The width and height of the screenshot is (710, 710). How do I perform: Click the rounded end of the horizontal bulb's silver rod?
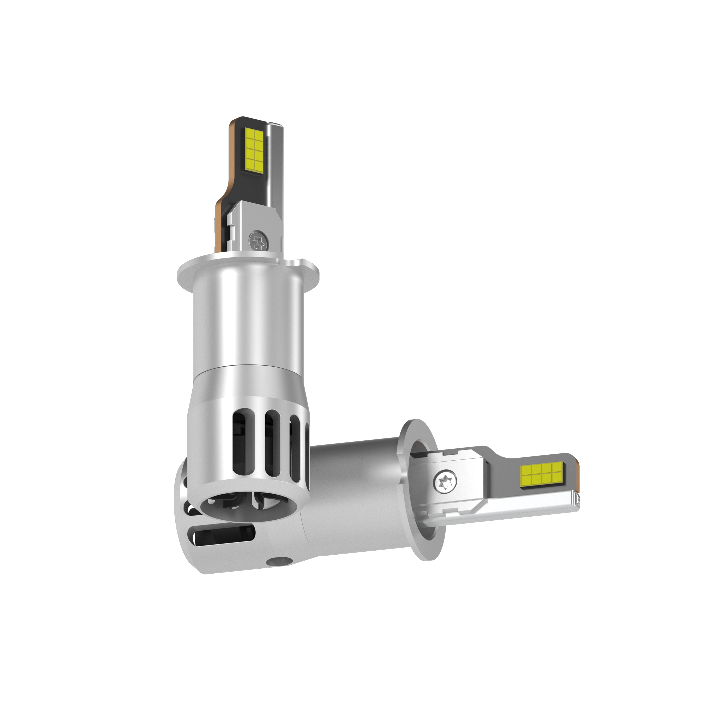[x=576, y=500]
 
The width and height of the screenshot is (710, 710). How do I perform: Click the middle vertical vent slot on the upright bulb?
[x=271, y=441]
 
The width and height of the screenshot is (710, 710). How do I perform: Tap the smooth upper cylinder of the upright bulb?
[x=250, y=323]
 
